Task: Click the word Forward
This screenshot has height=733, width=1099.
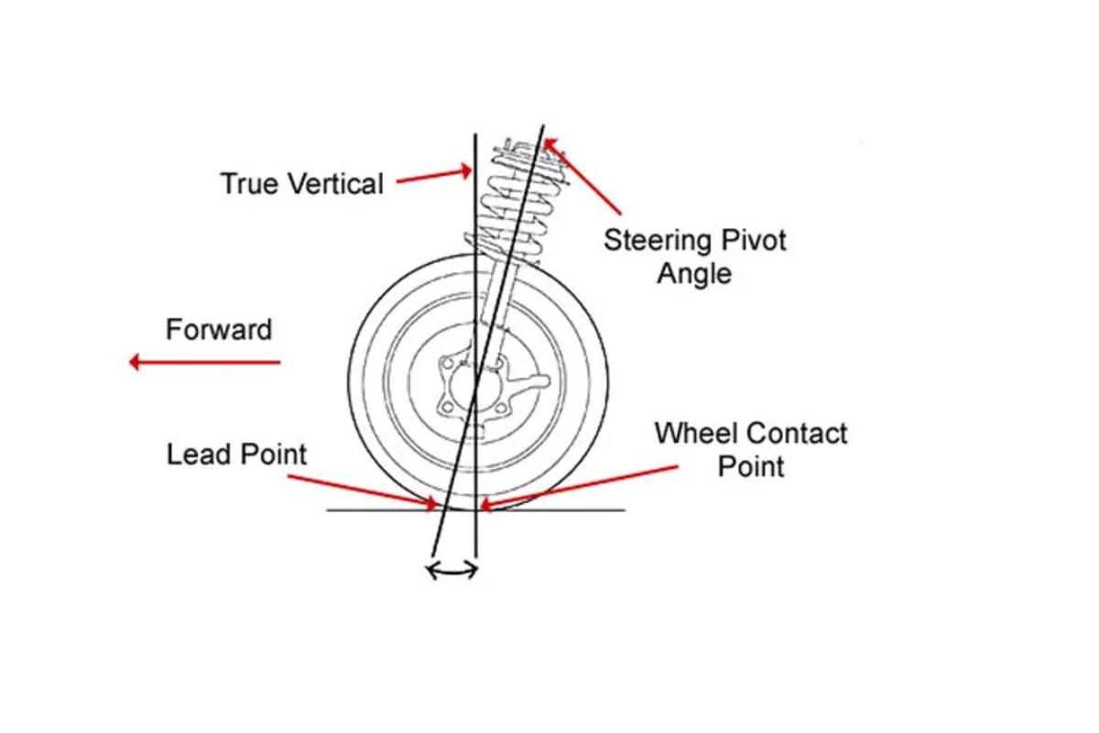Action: (x=219, y=329)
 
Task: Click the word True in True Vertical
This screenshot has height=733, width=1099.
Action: (x=249, y=183)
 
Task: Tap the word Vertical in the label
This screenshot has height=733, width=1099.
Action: (x=332, y=183)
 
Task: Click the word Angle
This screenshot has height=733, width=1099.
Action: (x=695, y=273)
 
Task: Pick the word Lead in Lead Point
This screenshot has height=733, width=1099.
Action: (x=198, y=454)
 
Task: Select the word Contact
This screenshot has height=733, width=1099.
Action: (x=798, y=432)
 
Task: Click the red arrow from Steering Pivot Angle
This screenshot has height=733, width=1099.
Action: (x=583, y=176)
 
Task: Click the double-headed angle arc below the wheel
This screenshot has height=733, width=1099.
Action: (x=452, y=571)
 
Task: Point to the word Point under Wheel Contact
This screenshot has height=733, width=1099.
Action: (x=750, y=465)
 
